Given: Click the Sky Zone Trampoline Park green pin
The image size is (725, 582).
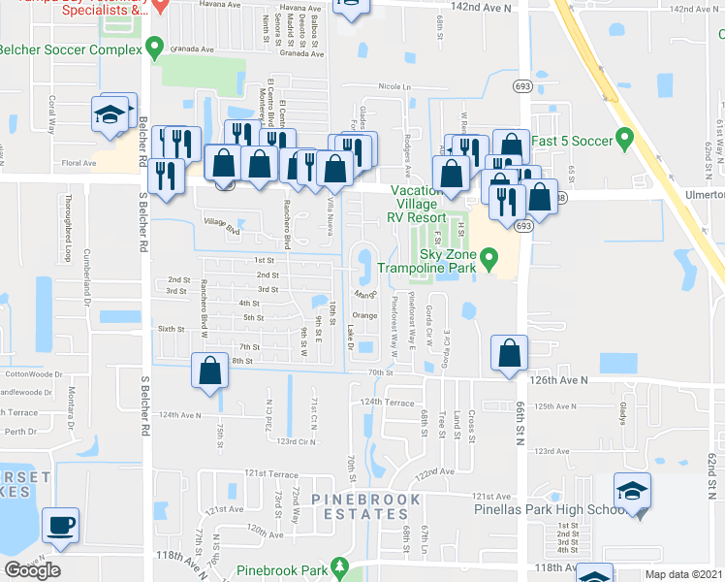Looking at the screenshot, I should point(489,258).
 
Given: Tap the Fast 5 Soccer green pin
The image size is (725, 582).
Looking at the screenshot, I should point(624,140).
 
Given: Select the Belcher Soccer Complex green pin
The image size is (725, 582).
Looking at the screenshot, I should point(155,48).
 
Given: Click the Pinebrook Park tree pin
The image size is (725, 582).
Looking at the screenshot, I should point(338,565).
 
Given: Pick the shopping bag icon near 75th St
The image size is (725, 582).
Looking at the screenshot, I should point(209,372).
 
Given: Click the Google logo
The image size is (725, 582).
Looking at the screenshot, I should point(32,570).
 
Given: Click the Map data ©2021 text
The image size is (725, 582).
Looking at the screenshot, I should point(682,573).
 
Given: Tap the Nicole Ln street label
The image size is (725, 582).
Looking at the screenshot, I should point(395,86).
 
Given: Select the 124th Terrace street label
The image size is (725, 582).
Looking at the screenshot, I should point(388,402).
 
